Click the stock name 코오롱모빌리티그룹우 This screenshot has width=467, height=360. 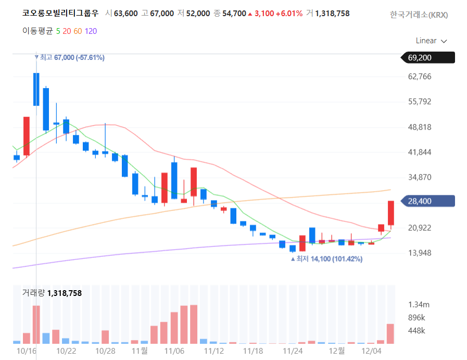tap(60, 13)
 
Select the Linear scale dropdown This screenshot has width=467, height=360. tap(432, 41)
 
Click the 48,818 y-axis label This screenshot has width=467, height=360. tap(420, 127)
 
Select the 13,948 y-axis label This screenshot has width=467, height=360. tap(420, 253)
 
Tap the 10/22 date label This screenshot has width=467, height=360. tap(66, 351)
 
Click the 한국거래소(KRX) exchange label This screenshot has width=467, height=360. tap(419, 15)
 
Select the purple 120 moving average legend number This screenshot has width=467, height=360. tap(91, 31)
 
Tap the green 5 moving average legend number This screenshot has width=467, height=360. tap(58, 31)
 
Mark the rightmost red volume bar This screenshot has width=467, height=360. tap(390, 333)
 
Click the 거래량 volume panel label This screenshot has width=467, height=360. tap(33, 293)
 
